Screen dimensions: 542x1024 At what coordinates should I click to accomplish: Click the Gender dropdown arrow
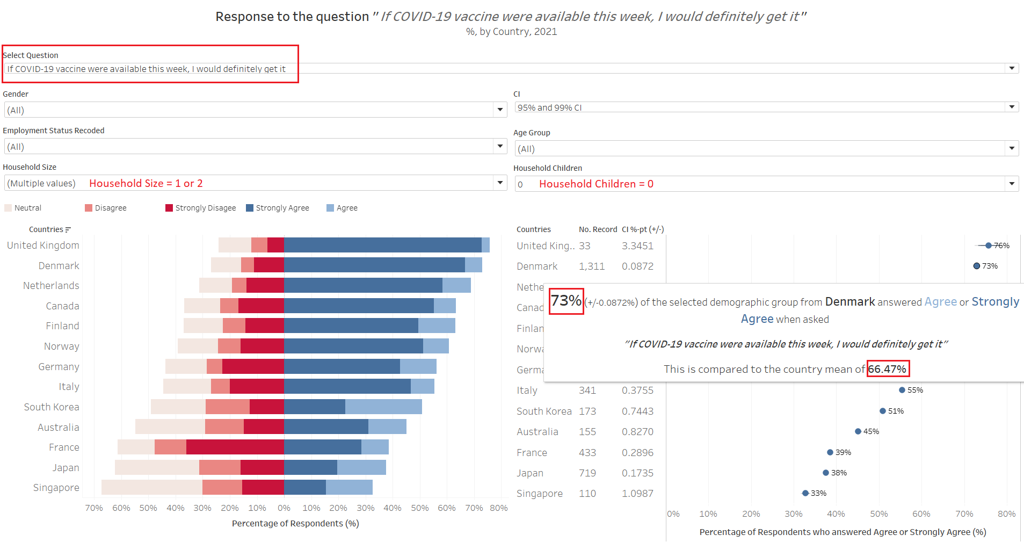click(500, 110)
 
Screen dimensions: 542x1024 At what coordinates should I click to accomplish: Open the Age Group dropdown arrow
click(1012, 148)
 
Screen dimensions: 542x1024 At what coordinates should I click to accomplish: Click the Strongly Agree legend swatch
click(250, 208)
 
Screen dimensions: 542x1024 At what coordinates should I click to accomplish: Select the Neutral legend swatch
click(8, 208)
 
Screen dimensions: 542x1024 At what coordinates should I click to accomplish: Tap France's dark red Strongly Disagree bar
click(235, 447)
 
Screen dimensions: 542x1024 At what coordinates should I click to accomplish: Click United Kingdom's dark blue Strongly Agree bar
click(382, 245)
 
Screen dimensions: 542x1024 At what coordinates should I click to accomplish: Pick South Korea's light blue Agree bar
click(383, 407)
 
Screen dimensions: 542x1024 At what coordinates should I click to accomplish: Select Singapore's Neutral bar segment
click(151, 487)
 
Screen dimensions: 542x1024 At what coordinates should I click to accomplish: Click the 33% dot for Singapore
click(805, 493)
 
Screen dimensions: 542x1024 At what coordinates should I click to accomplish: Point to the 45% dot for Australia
click(858, 431)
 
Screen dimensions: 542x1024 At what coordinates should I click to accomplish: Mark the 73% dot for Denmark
click(977, 266)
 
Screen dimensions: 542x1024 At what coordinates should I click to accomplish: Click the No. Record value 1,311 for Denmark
click(592, 266)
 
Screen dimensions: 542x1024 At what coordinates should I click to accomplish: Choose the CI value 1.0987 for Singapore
click(637, 494)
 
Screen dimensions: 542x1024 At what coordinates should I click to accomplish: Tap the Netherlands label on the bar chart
click(51, 286)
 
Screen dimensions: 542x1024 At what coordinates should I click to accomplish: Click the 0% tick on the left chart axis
click(284, 508)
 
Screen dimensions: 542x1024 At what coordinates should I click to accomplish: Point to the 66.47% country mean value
click(888, 369)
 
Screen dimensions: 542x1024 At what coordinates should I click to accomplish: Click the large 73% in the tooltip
click(567, 301)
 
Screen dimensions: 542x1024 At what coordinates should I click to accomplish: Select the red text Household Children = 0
click(596, 184)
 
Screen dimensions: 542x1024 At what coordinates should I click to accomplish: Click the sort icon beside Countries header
click(68, 230)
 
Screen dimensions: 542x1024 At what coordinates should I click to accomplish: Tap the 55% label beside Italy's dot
click(915, 390)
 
